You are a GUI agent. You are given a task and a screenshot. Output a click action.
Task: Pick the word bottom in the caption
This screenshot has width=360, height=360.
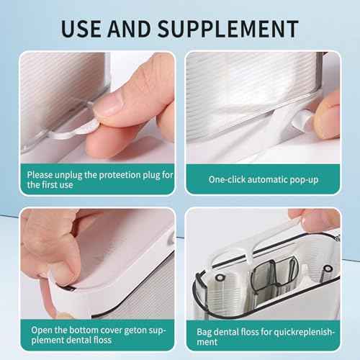point(86,330)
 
